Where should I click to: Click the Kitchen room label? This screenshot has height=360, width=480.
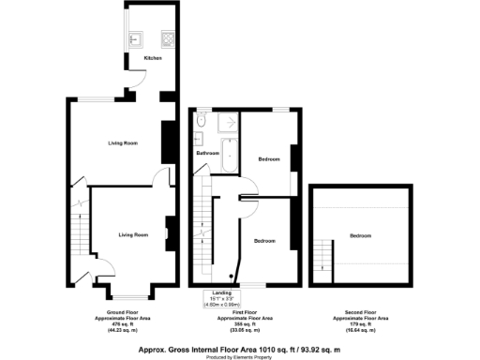pos(153,59)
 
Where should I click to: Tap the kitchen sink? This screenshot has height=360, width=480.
pos(134,39)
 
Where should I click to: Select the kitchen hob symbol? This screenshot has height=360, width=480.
pos(169,39)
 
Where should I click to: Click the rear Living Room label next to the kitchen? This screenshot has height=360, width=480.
pos(123,142)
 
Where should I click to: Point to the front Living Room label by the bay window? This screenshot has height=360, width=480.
pos(134,234)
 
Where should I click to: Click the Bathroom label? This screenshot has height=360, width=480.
pos(207,153)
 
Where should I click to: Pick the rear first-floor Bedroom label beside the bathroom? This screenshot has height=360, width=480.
pos(269,159)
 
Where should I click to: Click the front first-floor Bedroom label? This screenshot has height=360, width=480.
pos(265,241)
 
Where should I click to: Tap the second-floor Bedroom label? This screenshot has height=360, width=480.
pos(359,235)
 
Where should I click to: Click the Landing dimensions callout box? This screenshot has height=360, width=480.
pos(223,299)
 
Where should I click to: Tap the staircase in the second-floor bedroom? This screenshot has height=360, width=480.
pos(324,253)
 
